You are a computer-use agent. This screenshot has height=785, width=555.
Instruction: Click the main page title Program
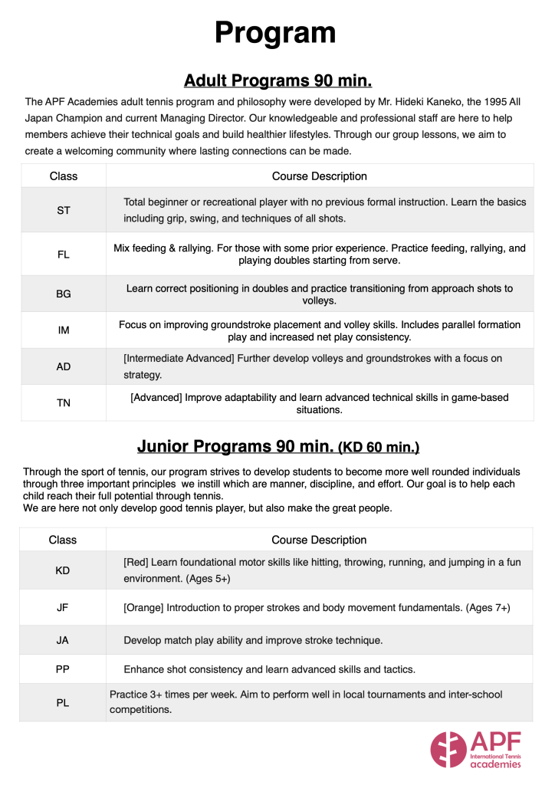coord(275,32)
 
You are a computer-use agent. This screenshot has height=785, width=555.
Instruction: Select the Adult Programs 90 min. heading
coord(277,80)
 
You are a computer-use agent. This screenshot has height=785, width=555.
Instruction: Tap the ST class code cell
coord(64,210)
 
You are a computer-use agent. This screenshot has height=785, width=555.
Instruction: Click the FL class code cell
coord(64,255)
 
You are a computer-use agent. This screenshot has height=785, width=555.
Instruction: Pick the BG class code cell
coord(64,294)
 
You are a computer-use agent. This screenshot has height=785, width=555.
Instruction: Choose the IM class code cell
coord(64,330)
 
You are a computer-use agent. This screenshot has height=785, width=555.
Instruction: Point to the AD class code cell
coord(64,367)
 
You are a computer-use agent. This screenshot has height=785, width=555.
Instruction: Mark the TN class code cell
coord(64,403)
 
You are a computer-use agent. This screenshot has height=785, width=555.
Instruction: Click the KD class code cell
coord(63,570)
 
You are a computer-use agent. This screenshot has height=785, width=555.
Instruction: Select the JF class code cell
coord(63,607)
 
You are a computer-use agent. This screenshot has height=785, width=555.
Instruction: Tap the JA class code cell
coord(63,640)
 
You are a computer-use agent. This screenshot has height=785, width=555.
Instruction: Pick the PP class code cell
coord(63,669)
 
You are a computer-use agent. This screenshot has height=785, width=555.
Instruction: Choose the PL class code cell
coord(63,703)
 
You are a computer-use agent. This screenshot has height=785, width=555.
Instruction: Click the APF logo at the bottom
coord(475,749)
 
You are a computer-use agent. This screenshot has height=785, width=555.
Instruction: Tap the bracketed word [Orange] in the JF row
coord(146,607)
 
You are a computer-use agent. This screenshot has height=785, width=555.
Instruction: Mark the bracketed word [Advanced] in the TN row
coord(158,397)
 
